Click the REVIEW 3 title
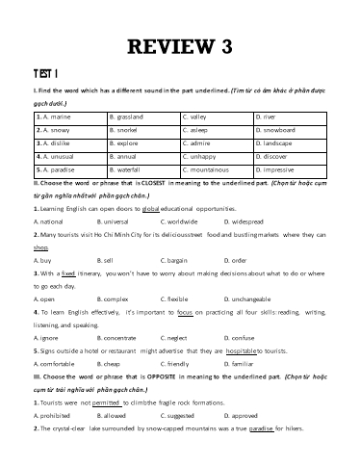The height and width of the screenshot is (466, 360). [180, 46]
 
